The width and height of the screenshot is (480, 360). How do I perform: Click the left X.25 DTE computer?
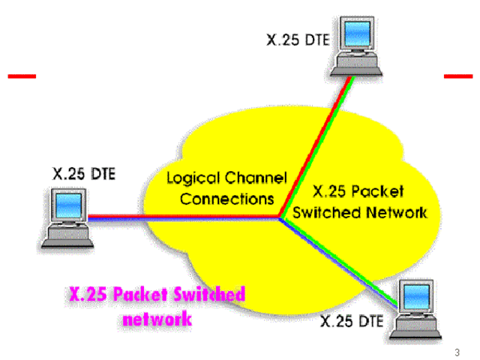click(66, 217)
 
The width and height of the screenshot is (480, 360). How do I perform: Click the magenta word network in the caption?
click(155, 319)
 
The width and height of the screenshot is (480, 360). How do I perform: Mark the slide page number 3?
click(457, 352)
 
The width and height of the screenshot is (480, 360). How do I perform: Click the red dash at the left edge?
click(21, 76)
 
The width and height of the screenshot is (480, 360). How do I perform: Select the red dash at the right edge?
click(458, 76)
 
